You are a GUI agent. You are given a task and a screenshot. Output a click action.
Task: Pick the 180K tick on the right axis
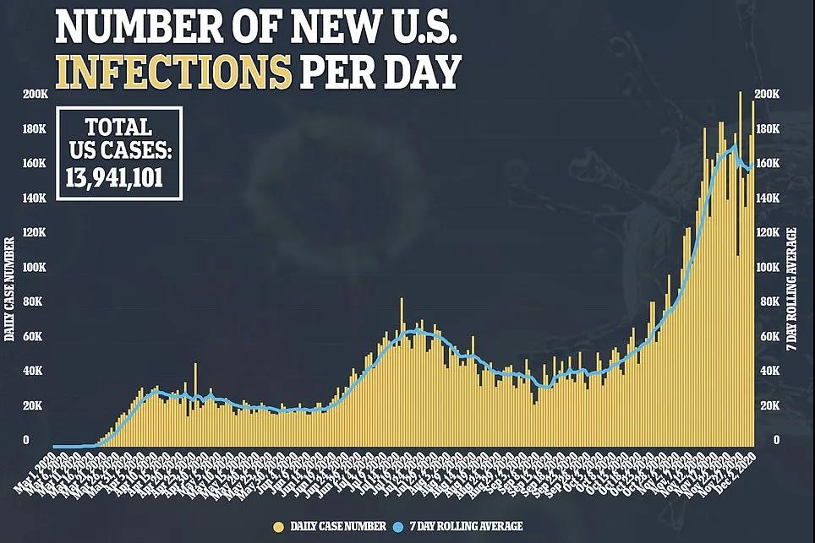(767, 128)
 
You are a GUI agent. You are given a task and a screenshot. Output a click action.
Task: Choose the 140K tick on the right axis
(767, 198)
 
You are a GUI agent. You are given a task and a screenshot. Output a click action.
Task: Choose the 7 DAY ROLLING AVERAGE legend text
(467, 526)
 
